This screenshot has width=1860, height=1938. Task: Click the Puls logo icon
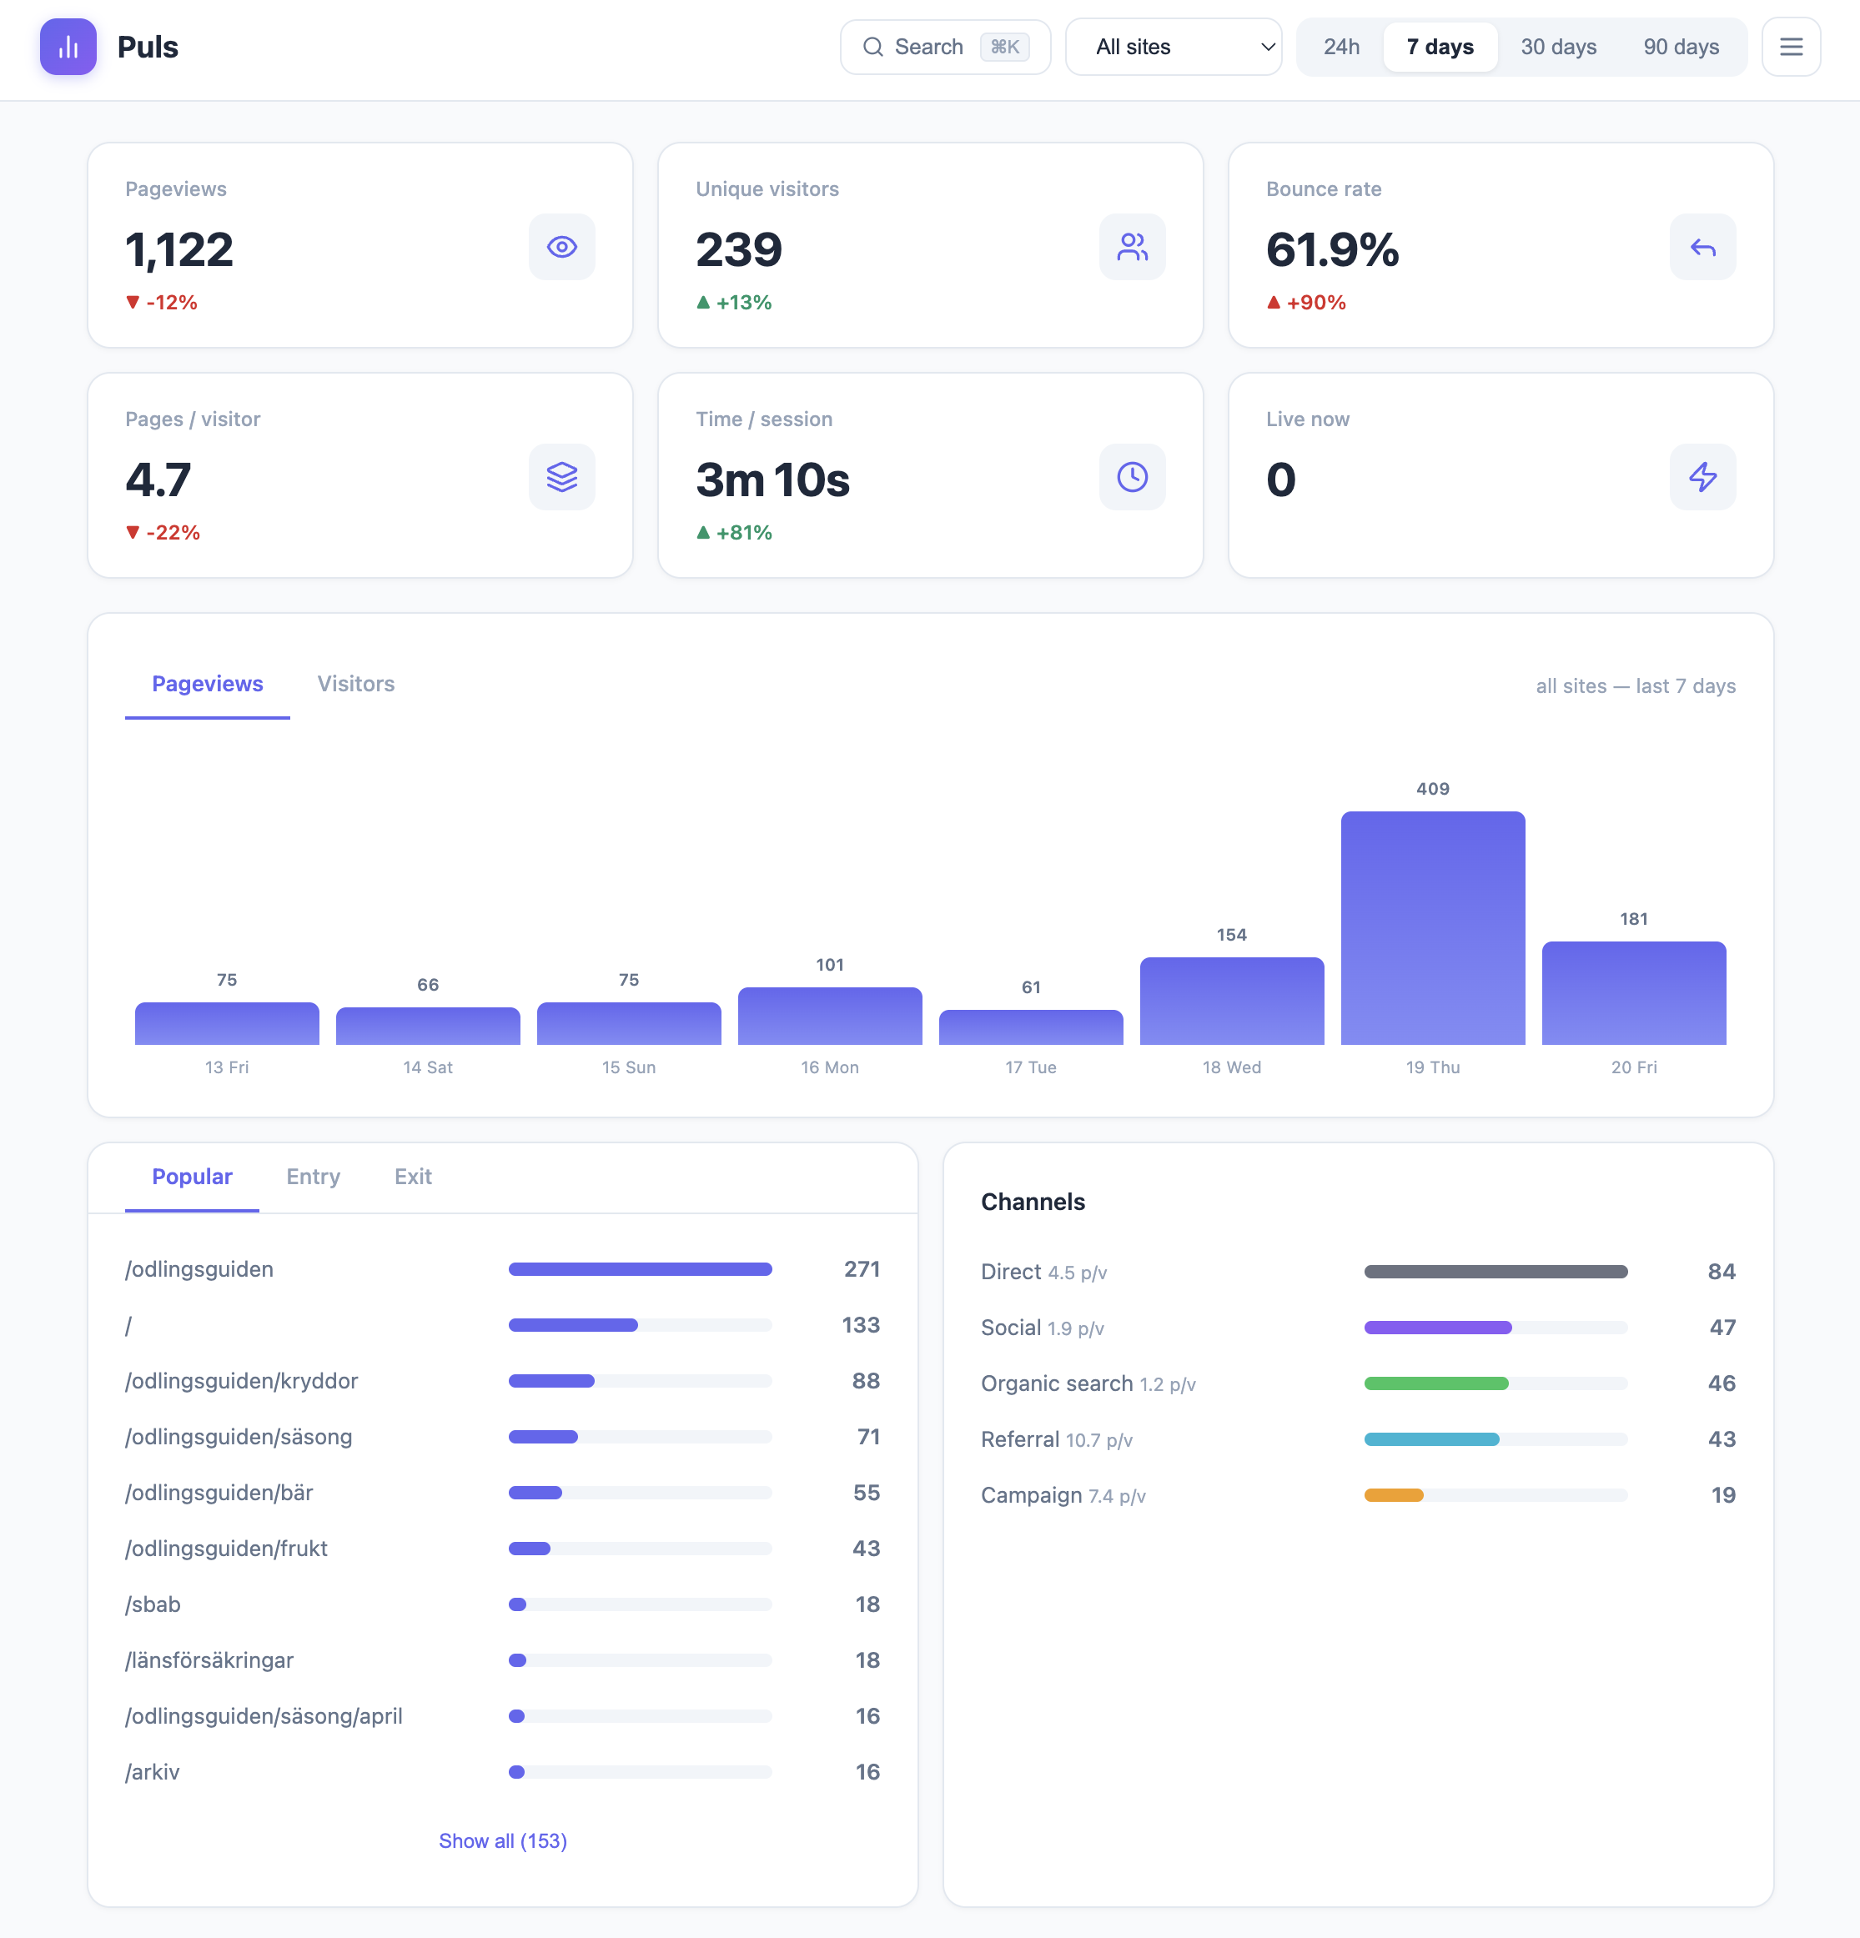(x=68, y=47)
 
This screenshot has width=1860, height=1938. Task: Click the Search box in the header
(x=944, y=47)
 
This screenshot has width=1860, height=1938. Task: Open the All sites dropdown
(x=1173, y=47)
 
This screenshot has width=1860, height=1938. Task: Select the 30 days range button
(x=1557, y=47)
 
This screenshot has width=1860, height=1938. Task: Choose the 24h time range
(x=1341, y=47)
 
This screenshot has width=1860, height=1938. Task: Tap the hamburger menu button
(x=1790, y=47)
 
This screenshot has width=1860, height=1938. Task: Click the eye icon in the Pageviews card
(x=561, y=247)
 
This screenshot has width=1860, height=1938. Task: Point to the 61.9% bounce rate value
(x=1331, y=249)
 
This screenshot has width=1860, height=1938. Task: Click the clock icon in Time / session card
(x=1131, y=478)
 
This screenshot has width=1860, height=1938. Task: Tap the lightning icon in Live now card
(x=1702, y=478)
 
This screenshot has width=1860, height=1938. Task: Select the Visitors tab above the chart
(x=355, y=685)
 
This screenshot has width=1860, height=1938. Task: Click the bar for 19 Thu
(x=1432, y=927)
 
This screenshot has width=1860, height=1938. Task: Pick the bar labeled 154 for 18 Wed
(x=1231, y=1000)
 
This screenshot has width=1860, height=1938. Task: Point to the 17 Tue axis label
(x=1030, y=1067)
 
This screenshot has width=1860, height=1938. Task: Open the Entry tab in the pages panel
(x=313, y=1177)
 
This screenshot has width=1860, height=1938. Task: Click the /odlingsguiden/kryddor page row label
(x=241, y=1381)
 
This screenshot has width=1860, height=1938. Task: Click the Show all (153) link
(x=502, y=1841)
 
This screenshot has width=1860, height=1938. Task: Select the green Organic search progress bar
(x=1435, y=1383)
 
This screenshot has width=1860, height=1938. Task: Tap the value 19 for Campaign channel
(x=1722, y=1495)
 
